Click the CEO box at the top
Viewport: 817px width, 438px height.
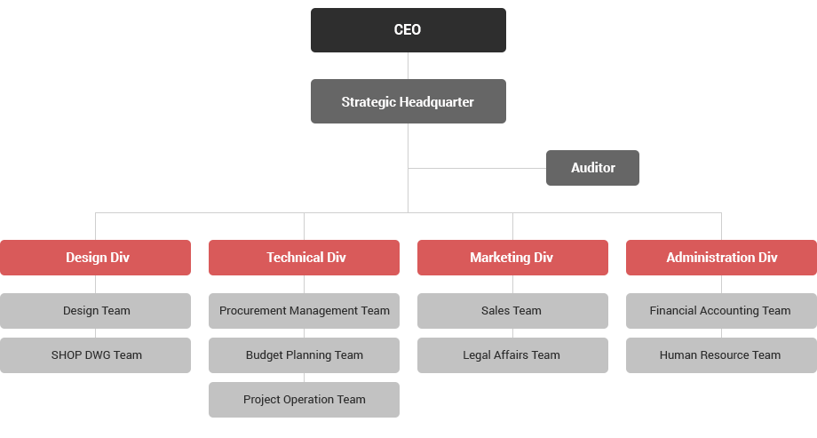pyautogui.click(x=408, y=29)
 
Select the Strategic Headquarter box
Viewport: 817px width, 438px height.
pyautogui.click(x=408, y=101)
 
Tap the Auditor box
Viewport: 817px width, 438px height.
pyautogui.click(x=592, y=167)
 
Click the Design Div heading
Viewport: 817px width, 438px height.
pyautogui.click(x=98, y=258)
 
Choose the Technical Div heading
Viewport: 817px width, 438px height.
pyautogui.click(x=306, y=258)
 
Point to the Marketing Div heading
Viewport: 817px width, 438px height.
pyautogui.click(x=512, y=258)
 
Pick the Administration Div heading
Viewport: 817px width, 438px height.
pyautogui.click(x=721, y=258)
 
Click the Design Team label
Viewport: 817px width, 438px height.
pyautogui.click(x=97, y=311)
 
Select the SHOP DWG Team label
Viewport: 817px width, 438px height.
pyautogui.click(x=97, y=355)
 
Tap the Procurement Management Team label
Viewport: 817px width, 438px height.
pyautogui.click(x=305, y=311)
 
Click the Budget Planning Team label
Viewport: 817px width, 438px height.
pyautogui.click(x=305, y=355)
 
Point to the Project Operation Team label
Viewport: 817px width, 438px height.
pyautogui.click(x=305, y=400)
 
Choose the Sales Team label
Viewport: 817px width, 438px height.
pyautogui.click(x=512, y=311)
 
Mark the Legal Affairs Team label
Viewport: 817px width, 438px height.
pyautogui.click(x=512, y=355)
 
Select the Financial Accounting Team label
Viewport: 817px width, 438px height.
pyautogui.click(x=720, y=311)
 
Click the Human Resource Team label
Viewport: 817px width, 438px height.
pyautogui.click(x=720, y=355)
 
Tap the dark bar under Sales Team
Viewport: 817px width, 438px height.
pyautogui.click(x=512, y=333)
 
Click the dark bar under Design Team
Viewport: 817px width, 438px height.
pyautogui.click(x=99, y=333)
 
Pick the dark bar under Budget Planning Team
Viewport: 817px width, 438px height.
pyautogui.click(x=305, y=378)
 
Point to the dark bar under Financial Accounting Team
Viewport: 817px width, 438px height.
pyautogui.click(x=718, y=333)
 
